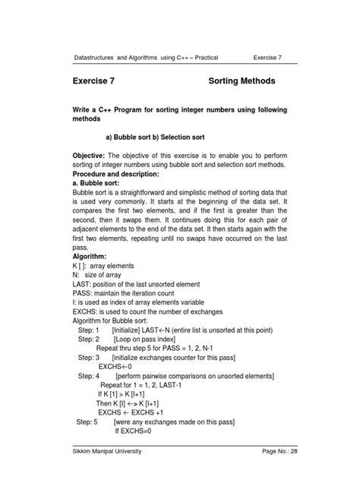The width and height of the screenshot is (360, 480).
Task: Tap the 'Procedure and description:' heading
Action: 125,174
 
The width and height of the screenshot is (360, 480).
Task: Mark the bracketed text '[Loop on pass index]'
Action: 146,343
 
